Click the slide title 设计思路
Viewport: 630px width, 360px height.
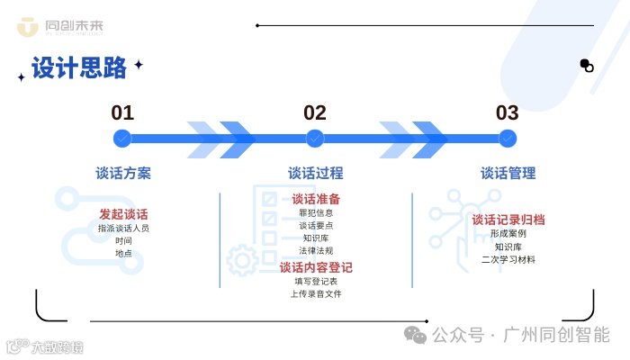(79, 68)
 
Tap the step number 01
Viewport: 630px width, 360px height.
(122, 113)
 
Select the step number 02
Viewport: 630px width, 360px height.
(315, 113)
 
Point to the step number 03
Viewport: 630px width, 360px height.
(508, 113)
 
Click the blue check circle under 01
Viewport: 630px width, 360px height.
(122, 139)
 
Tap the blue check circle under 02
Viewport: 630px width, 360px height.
(315, 139)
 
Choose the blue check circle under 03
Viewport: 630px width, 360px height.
(508, 139)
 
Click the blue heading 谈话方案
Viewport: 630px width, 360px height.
(123, 174)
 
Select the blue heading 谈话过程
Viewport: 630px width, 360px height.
(316, 174)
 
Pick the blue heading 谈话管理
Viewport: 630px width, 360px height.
(508, 174)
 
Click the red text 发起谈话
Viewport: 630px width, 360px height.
(123, 214)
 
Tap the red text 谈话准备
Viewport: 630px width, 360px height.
(316, 199)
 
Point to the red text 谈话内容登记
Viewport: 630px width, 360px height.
(316, 267)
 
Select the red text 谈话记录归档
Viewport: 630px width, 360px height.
(508, 220)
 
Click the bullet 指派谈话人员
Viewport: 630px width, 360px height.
(123, 229)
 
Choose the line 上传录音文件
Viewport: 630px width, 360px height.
(316, 294)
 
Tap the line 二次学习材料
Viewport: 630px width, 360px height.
(508, 259)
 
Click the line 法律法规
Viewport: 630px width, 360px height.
(316, 251)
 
